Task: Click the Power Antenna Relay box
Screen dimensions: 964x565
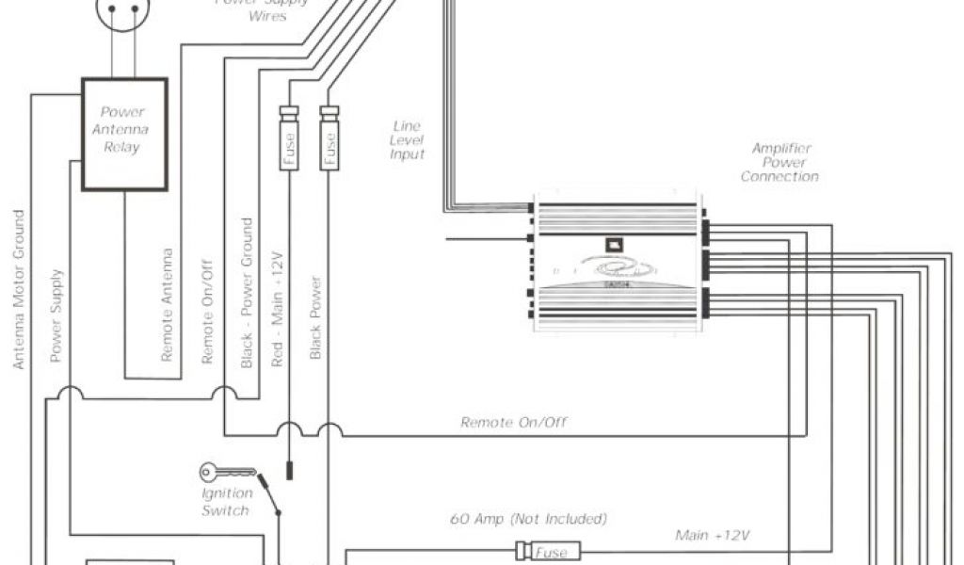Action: click(124, 134)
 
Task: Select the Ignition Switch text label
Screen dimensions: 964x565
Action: click(226, 502)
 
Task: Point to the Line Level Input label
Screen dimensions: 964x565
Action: click(408, 140)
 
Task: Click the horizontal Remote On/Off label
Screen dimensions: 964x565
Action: click(514, 422)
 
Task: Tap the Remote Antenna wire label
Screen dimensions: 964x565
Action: click(168, 305)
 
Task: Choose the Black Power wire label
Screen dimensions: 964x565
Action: click(316, 317)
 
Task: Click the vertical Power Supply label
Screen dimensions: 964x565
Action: click(56, 315)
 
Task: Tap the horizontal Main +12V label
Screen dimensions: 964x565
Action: click(713, 535)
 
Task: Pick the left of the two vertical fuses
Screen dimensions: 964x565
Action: click(289, 138)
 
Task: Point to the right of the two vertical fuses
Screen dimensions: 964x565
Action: click(329, 138)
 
